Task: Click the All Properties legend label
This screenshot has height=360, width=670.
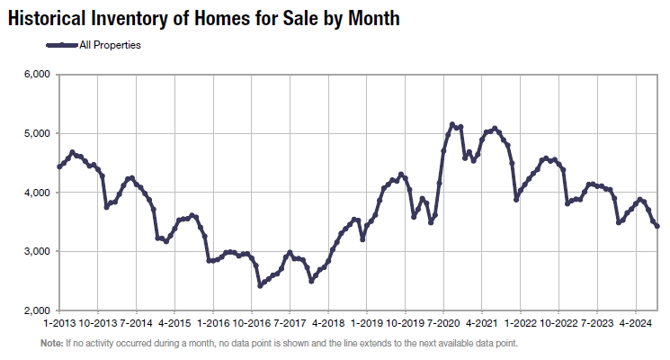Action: (111, 44)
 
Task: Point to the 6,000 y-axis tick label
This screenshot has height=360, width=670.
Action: (34, 75)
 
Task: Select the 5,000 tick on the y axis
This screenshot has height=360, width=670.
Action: (34, 134)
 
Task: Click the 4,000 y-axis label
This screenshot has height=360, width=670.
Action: (34, 193)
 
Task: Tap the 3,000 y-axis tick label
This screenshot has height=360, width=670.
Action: (34, 252)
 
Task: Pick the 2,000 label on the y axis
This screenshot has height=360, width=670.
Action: (34, 310)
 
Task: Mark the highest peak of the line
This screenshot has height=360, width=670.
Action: (451, 124)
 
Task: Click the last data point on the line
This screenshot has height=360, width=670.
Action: (657, 227)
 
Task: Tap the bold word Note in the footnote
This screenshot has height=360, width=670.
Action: (51, 344)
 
